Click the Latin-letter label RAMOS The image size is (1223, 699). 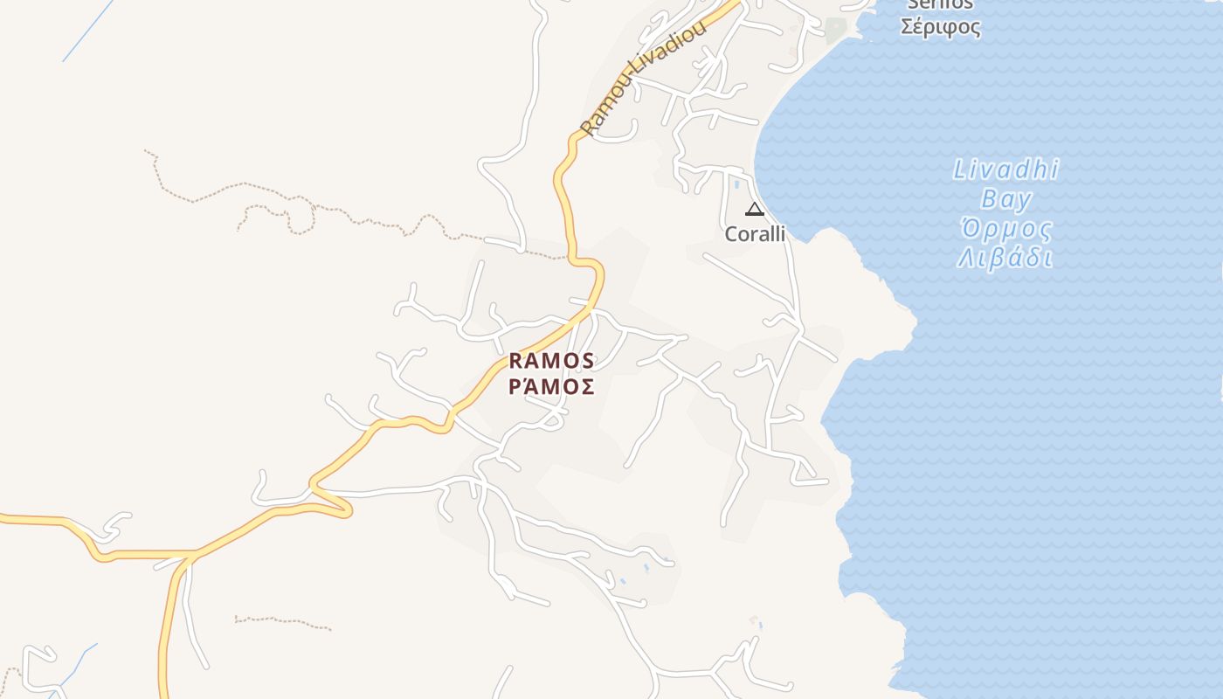coord(551,360)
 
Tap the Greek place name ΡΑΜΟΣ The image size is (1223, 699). coord(551,386)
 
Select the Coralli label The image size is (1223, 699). coord(755,234)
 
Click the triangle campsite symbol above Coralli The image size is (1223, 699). coord(755,209)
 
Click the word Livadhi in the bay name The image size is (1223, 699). coord(1005,170)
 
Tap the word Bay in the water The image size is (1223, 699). coord(1006,199)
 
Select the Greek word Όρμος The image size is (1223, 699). coord(1005,230)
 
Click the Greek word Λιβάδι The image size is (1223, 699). coord(1005,259)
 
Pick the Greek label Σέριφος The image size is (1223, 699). coord(940,27)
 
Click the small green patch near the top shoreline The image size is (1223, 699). coord(836,30)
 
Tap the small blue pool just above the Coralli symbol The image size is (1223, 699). coord(736,184)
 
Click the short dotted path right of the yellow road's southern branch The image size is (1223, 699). coord(282,622)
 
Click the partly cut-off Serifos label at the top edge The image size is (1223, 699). coord(940,4)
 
